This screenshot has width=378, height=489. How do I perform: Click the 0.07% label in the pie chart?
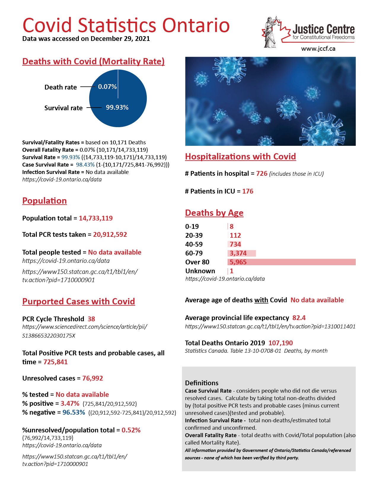point(107,87)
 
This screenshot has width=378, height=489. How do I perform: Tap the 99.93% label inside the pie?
point(117,107)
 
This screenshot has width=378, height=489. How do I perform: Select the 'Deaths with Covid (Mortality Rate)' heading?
point(93,61)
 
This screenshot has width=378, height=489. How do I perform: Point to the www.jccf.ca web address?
point(318,49)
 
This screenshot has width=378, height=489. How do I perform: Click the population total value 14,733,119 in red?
point(96,218)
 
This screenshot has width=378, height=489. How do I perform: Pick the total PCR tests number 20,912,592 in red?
point(110,234)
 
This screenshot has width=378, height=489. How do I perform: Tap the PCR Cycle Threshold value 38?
point(91,319)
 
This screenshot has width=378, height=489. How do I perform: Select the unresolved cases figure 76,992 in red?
point(92,378)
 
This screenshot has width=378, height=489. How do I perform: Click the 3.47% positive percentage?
point(70,403)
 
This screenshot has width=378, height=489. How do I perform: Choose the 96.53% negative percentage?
point(74,412)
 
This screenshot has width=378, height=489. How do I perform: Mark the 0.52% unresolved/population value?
point(131,430)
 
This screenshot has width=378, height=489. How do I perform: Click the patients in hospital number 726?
point(262,173)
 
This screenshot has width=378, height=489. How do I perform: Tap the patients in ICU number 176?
point(248,191)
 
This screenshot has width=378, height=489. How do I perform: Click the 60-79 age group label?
point(194,253)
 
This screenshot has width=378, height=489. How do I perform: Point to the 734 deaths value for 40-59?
point(235,244)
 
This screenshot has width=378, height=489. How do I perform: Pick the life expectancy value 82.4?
point(299,318)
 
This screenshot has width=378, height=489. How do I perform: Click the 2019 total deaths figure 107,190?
point(280,343)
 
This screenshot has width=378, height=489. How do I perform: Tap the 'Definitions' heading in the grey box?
point(202,383)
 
